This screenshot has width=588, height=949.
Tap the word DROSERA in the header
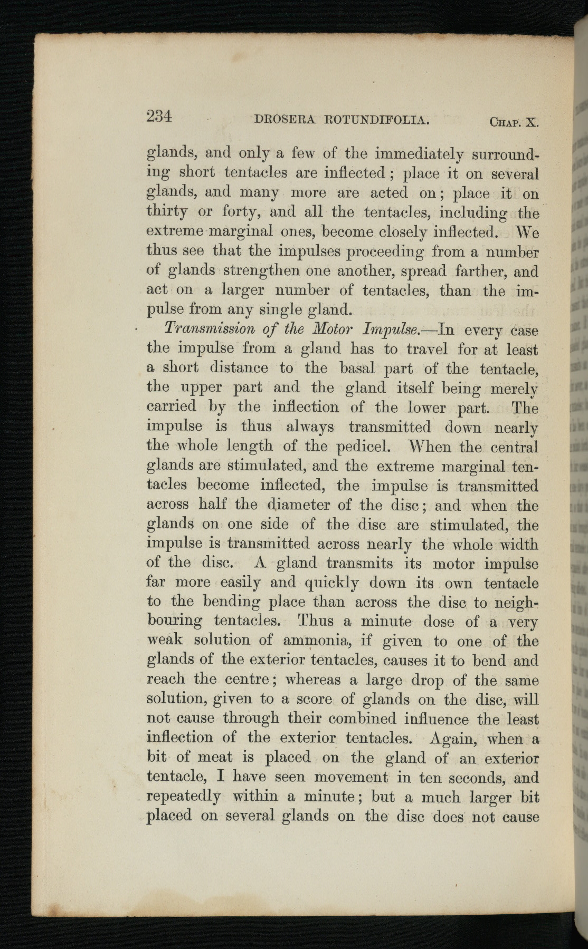coord(285,120)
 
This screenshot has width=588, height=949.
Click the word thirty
coord(167,212)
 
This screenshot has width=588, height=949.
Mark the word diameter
coord(298,505)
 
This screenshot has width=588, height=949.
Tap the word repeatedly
coord(183,797)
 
